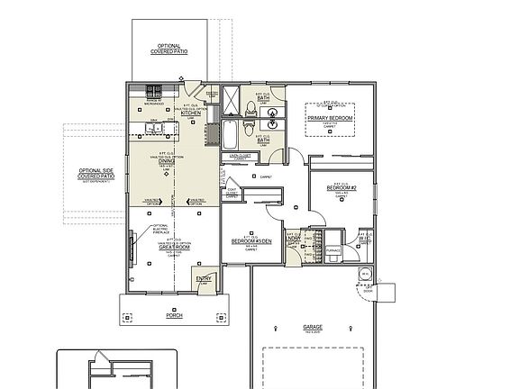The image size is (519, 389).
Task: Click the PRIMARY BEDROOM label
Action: click(x=329, y=118)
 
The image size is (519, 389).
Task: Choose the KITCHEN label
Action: click(x=191, y=113)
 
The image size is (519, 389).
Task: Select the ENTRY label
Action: click(x=204, y=279)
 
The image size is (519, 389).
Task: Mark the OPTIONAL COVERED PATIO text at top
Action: click(x=169, y=48)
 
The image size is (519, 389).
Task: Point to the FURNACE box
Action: click(x=332, y=252)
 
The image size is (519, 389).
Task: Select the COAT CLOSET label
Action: click(x=232, y=192)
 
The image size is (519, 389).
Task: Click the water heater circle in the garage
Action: click(x=365, y=274)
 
